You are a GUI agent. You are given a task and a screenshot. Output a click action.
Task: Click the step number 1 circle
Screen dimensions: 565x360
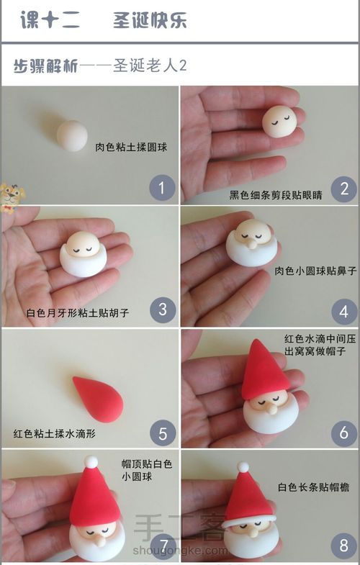click(162, 189)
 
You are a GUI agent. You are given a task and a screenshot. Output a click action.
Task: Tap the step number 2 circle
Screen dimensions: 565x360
click(343, 189)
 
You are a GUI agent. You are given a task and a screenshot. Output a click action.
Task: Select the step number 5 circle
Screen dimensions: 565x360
click(162, 433)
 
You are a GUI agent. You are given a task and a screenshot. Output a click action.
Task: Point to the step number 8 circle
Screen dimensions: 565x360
click(343, 545)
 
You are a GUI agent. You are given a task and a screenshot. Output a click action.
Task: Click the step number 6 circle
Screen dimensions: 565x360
click(343, 433)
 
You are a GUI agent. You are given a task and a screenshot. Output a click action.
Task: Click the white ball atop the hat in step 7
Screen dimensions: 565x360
click(91, 461)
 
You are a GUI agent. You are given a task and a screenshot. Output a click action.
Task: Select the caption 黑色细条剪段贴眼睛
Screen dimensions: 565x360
click(276, 194)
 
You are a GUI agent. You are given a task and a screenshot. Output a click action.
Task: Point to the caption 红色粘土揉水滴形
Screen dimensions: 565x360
click(54, 434)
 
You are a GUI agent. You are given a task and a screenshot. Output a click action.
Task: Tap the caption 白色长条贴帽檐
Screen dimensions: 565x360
click(313, 487)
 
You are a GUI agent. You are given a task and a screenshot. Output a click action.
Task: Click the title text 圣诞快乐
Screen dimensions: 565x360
click(150, 21)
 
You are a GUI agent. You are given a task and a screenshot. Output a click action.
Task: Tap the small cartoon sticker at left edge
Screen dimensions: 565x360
click(9, 195)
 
